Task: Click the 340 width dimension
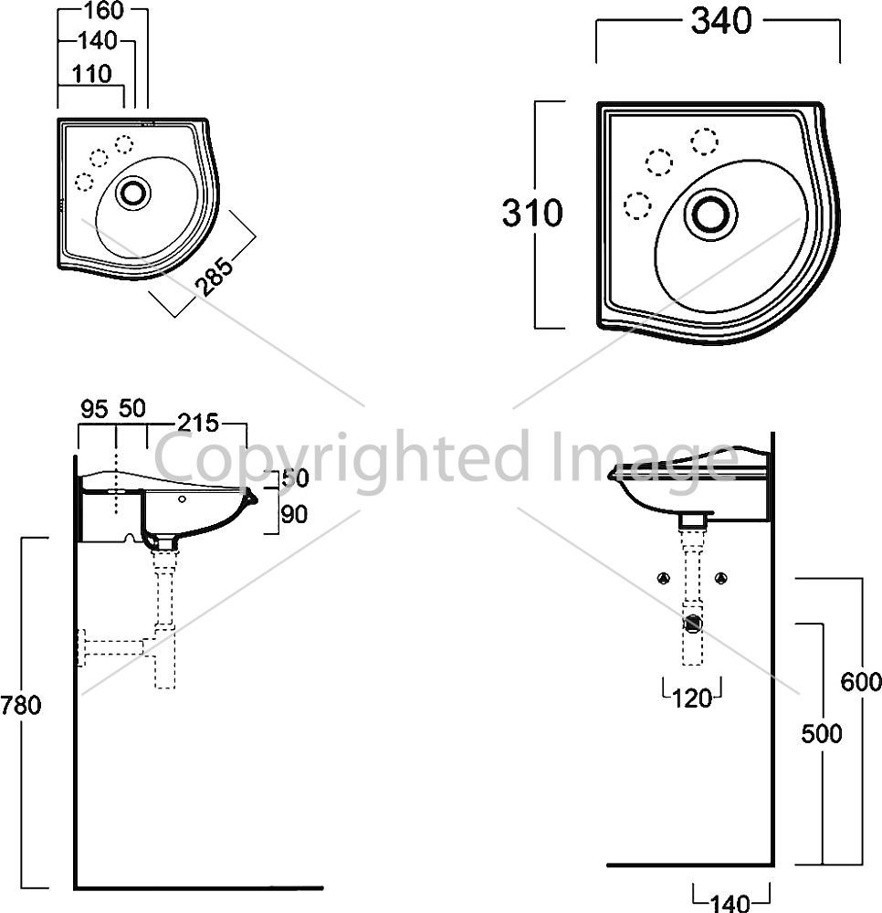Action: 721,22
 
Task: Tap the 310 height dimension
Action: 532,213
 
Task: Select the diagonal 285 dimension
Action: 214,276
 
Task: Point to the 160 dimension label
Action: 103,10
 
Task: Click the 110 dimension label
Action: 91,74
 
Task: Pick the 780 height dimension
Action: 21,705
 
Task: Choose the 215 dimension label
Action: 198,424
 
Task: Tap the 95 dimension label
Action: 94,409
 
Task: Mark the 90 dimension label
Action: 294,515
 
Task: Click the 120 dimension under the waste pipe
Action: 692,698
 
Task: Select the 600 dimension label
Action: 861,682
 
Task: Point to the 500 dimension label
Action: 822,734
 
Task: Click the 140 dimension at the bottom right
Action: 730,904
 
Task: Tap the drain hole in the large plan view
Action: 711,214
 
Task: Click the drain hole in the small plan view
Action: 133,192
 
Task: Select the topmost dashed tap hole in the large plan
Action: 705,141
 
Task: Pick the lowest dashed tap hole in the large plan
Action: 637,205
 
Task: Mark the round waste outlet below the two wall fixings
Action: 693,624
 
